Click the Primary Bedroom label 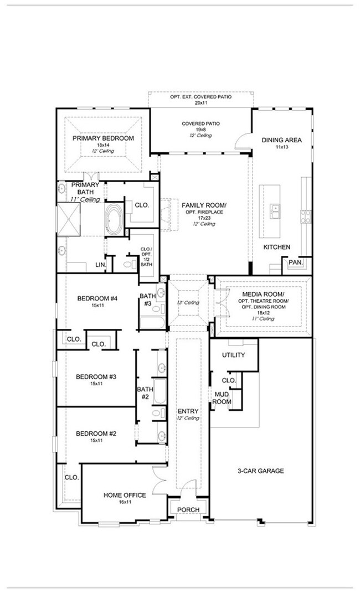coord(103,138)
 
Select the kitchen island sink coord(275,211)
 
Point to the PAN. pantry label coord(295,262)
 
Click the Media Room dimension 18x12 coord(264,313)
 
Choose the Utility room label coord(233,355)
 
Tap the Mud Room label coord(222,398)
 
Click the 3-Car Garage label coord(260,471)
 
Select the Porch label coord(188,510)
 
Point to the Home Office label coord(125,495)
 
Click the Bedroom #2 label coord(96,434)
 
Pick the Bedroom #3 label coord(96,377)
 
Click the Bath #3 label coord(146,300)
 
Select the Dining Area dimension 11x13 coord(282,147)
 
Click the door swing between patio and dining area coord(241,140)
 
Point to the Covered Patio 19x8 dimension coord(200,130)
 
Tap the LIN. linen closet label coord(100,265)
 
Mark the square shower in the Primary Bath coord(69,219)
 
